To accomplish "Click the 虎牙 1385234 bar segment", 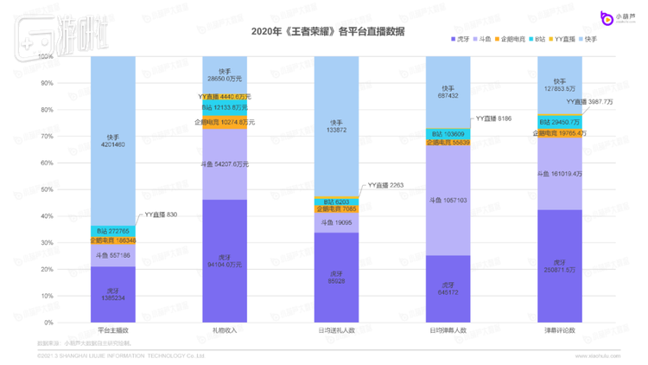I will pos(113,294).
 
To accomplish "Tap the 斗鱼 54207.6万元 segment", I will pos(225,164).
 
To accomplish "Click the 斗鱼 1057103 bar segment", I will pos(448,200).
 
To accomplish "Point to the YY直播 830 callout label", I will pos(162,214).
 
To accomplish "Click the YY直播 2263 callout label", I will pos(385,185).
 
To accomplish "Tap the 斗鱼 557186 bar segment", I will pos(113,255).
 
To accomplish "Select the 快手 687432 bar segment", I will pos(448,91).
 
